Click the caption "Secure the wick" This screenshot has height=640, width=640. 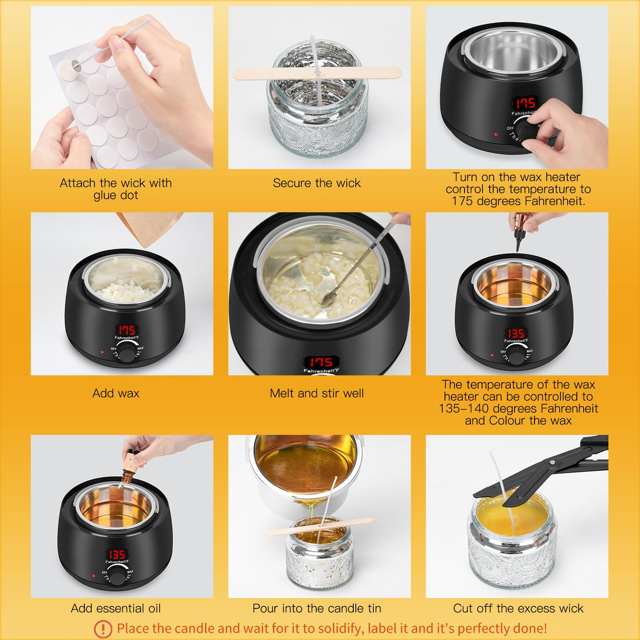pyautogui.click(x=316, y=183)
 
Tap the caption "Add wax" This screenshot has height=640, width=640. pyautogui.click(x=115, y=393)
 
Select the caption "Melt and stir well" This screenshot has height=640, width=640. pyautogui.click(x=316, y=393)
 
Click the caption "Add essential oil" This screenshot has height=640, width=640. pyautogui.click(x=115, y=608)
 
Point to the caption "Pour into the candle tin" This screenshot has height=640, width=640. pyautogui.click(x=316, y=608)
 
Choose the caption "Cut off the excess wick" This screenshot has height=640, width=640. pyautogui.click(x=518, y=608)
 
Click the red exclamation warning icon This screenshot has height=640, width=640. pyautogui.click(x=103, y=628)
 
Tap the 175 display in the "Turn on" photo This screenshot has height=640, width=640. pyautogui.click(x=525, y=103)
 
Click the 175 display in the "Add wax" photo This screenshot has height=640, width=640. pyautogui.click(x=126, y=330)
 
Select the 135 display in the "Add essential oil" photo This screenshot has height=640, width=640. pyautogui.click(x=117, y=554)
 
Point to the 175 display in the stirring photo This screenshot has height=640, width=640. pyautogui.click(x=321, y=362)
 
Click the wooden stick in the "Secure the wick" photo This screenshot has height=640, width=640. pyautogui.click(x=316, y=73)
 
